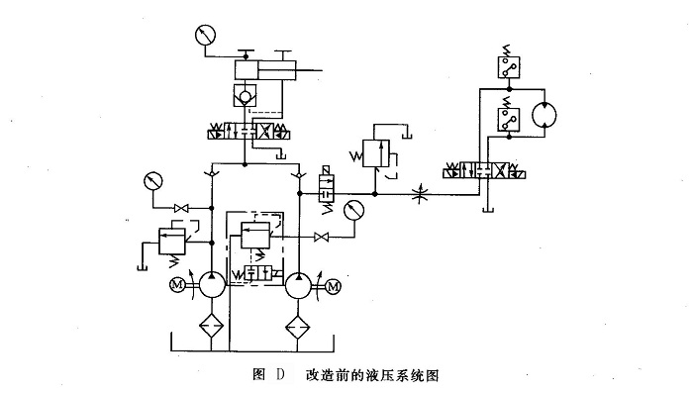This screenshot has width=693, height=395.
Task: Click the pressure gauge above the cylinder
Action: click(205, 36)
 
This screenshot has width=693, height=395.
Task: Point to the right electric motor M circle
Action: click(332, 287)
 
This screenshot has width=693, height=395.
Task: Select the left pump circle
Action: click(211, 286)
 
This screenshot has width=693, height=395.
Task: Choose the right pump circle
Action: click(300, 287)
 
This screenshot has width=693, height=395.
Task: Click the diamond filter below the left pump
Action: click(211, 325)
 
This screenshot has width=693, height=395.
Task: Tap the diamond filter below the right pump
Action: click(300, 325)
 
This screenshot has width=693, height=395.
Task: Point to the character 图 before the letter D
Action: click(259, 374)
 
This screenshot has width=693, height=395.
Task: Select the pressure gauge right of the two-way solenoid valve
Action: click(351, 211)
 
